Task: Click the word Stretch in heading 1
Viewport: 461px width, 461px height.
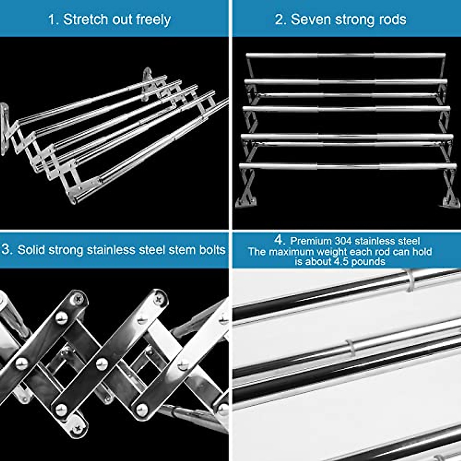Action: pos(85,19)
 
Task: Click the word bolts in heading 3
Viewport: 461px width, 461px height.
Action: pos(212,250)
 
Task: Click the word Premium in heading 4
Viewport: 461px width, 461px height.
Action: pos(310,241)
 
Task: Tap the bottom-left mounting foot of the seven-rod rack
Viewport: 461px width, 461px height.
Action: pos(243,201)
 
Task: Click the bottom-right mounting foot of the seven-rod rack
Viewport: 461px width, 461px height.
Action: pos(449,201)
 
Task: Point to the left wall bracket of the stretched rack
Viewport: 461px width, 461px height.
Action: pos(4,129)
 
